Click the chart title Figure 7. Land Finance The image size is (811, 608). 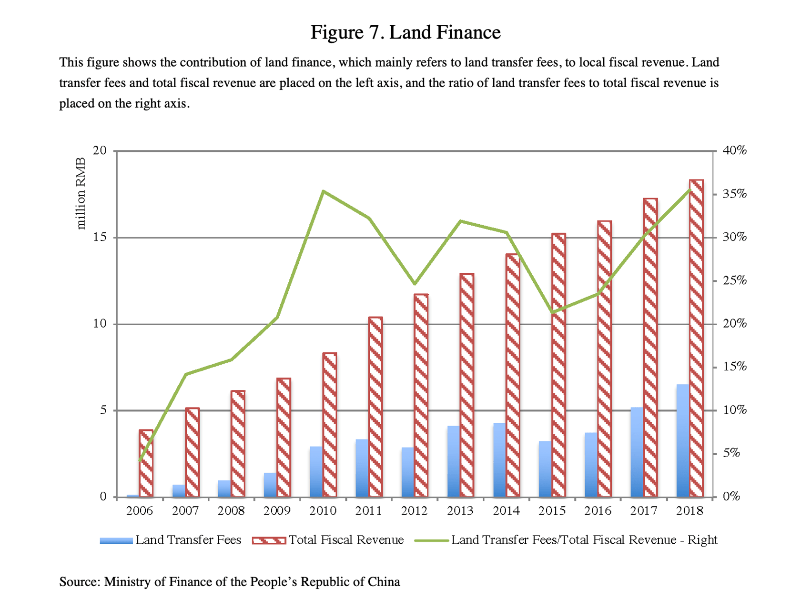click(405, 32)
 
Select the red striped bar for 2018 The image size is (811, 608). click(696, 339)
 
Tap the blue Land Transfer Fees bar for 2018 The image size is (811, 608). click(683, 441)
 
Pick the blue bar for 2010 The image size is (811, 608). click(316, 472)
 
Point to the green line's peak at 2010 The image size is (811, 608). click(323, 191)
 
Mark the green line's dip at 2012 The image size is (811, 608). click(415, 284)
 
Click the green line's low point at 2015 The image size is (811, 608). click(552, 313)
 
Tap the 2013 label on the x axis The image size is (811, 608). click(460, 511)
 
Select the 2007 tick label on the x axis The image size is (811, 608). click(185, 511)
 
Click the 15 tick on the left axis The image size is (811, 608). click(100, 237)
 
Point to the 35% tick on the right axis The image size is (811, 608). click(734, 194)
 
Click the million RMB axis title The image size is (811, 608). click(81, 194)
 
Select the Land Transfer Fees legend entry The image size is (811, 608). click(171, 540)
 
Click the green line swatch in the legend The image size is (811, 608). click(431, 540)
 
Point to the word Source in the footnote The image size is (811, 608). click(78, 582)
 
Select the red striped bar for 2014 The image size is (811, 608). click(513, 376)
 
